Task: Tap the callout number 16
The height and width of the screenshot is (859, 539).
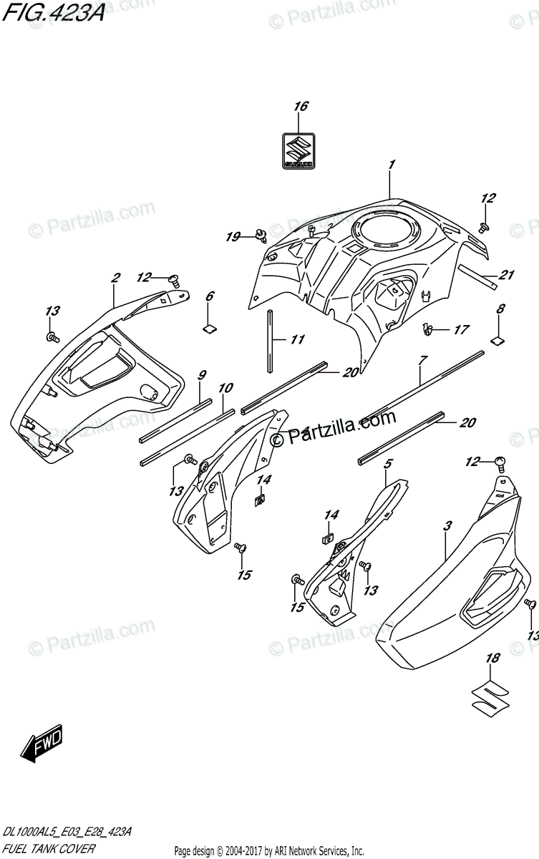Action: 300,107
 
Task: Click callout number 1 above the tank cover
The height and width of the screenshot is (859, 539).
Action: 392,165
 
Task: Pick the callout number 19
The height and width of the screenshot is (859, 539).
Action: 233,236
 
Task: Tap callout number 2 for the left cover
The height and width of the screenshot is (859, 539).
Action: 115,279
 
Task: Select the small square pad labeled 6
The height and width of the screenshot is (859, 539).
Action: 210,329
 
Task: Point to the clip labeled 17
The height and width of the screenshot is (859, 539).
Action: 428,329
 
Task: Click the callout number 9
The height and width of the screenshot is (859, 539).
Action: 202,374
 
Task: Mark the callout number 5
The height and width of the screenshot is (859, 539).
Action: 387,464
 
